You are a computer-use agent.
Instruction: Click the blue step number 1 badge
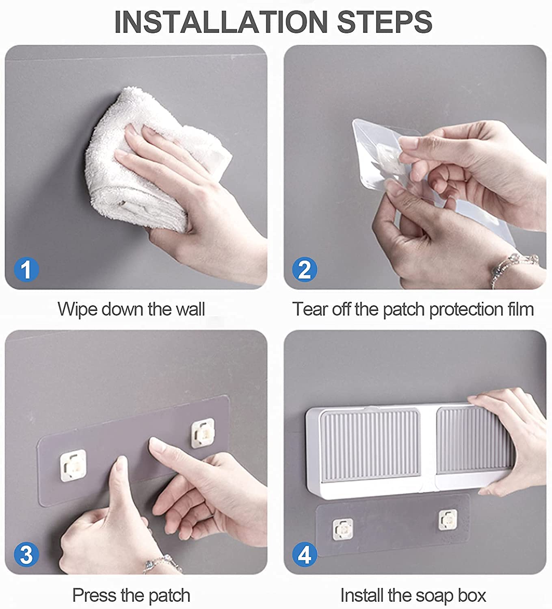pyautogui.click(x=26, y=270)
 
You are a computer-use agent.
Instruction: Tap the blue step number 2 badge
pyautogui.click(x=305, y=270)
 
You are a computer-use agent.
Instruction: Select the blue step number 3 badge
pyautogui.click(x=26, y=555)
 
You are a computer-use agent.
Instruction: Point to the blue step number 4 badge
pyautogui.click(x=305, y=555)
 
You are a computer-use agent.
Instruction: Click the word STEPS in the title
pyautogui.click(x=384, y=22)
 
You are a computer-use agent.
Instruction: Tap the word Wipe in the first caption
pyautogui.click(x=77, y=309)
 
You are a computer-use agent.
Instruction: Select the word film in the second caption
pyautogui.click(x=521, y=309)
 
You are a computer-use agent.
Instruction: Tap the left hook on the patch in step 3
pyautogui.click(x=73, y=465)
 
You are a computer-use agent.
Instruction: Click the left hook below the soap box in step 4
pyautogui.click(x=342, y=529)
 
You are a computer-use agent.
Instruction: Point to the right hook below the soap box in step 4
pyautogui.click(x=448, y=520)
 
